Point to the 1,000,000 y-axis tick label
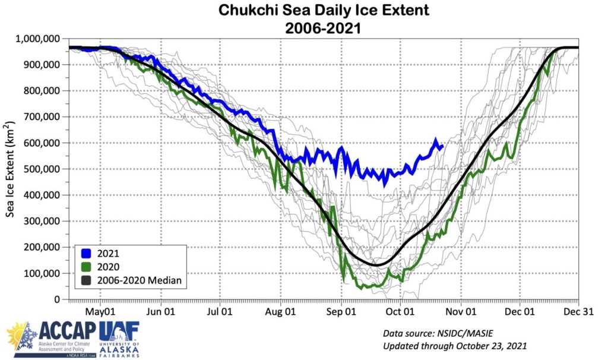(x=39, y=39)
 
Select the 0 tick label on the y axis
(x=58, y=299)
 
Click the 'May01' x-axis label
(x=100, y=311)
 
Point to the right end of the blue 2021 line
(x=443, y=145)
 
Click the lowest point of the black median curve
(x=375, y=264)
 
